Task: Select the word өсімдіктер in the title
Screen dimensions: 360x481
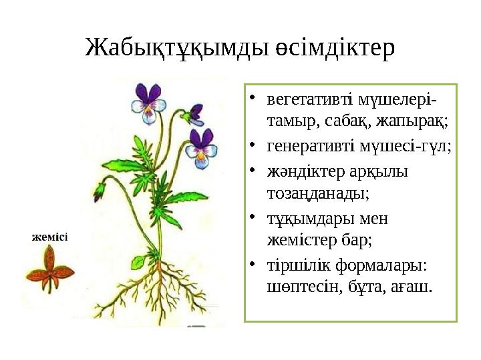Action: coord(335,49)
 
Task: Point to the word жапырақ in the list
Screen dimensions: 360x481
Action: coord(412,122)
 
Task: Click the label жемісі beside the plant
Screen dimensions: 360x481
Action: coord(50,237)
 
